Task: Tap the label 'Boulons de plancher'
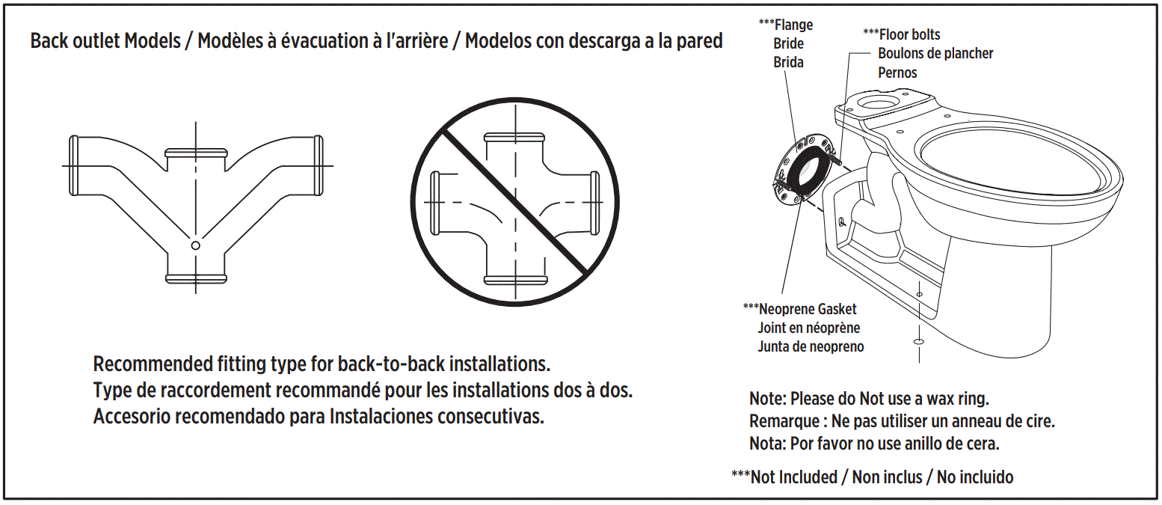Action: [x=935, y=54]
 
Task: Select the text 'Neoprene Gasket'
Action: [x=808, y=309]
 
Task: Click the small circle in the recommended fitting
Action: [x=195, y=245]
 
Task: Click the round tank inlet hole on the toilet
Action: [x=882, y=100]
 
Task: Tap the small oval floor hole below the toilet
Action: [x=917, y=341]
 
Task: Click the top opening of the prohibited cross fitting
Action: [x=514, y=138]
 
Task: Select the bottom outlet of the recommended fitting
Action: [x=195, y=279]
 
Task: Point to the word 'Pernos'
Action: [x=897, y=73]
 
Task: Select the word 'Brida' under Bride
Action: [x=788, y=63]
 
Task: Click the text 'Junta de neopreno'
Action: [x=811, y=346]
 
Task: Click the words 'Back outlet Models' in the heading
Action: [x=105, y=41]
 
